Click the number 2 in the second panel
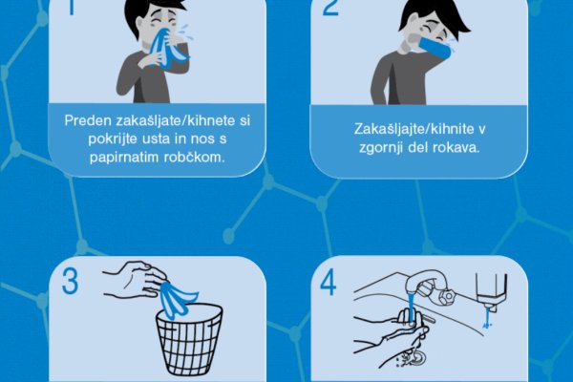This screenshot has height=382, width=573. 330,8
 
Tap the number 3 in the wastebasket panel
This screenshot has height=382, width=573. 70,282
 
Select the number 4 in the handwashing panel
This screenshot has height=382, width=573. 328,284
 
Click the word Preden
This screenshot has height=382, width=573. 88,120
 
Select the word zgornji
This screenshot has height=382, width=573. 381,148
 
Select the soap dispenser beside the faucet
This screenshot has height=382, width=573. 491,292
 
